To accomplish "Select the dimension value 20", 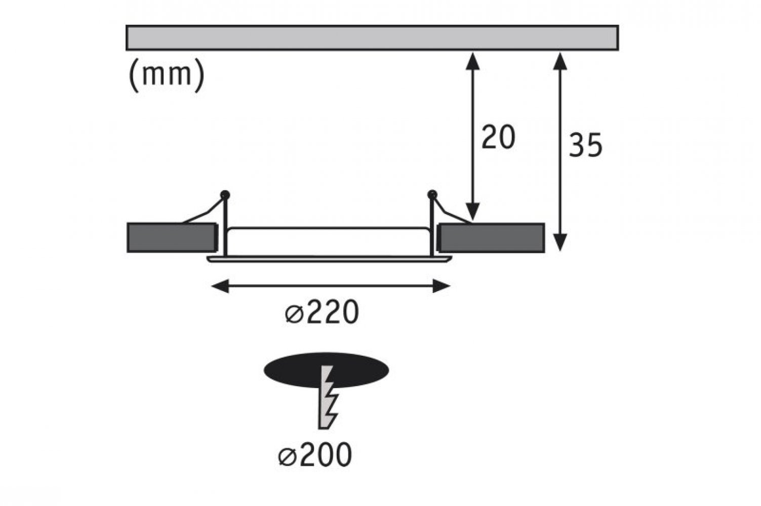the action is click(498, 137).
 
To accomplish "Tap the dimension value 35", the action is click(585, 145).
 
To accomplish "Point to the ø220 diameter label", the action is click(322, 312).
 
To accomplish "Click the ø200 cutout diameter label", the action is click(315, 454).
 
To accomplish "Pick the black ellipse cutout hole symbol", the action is click(326, 370).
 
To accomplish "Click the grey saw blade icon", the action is click(327, 397).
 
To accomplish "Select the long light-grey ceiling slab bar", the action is click(372, 37).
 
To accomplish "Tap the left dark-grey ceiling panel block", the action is click(172, 238).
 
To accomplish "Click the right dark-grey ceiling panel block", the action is click(492, 238).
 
